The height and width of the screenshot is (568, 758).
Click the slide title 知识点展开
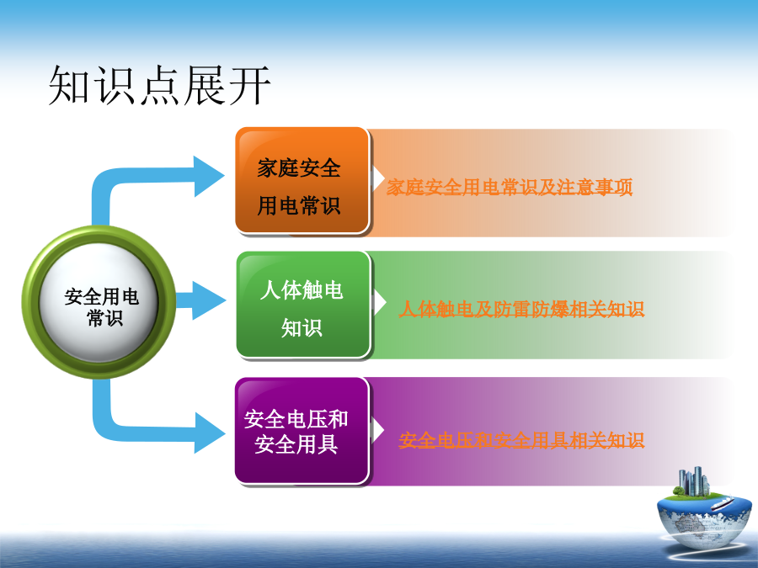[x=159, y=86]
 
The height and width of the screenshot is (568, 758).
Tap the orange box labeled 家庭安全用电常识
[x=302, y=181]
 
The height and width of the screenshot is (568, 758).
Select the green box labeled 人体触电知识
[x=303, y=305]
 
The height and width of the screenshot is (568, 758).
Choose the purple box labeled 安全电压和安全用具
[x=302, y=430]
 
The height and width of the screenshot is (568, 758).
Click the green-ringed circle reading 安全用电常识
[x=99, y=302]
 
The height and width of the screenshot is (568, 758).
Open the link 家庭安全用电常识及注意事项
[x=510, y=187]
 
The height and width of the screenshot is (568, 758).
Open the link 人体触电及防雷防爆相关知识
[x=521, y=309]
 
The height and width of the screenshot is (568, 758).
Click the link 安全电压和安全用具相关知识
[x=521, y=440]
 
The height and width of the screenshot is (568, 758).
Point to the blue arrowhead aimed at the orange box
[x=209, y=177]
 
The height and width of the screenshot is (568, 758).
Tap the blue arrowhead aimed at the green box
[x=209, y=300]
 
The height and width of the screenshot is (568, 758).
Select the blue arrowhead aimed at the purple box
[x=210, y=433]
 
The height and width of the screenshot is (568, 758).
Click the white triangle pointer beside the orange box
[x=378, y=178]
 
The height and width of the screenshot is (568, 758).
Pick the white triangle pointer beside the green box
[x=380, y=303]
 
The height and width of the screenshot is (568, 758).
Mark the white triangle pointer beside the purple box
[x=378, y=430]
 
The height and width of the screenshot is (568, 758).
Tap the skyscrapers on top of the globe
[x=694, y=481]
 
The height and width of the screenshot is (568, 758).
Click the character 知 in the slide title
[x=69, y=86]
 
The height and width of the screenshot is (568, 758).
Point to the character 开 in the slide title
[x=249, y=86]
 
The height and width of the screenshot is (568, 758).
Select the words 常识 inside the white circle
[x=105, y=318]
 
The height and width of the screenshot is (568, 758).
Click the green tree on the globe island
[x=679, y=491]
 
